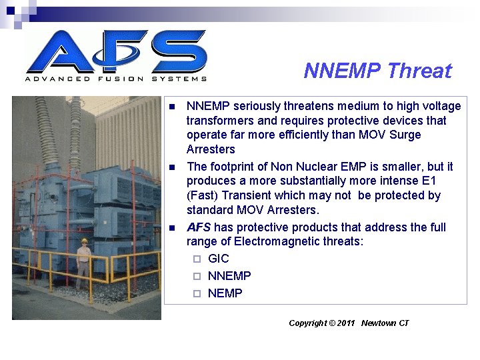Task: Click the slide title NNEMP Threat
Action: (x=377, y=71)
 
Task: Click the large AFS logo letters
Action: (x=117, y=51)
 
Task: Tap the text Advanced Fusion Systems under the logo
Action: (x=116, y=79)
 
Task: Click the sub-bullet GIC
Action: (x=218, y=259)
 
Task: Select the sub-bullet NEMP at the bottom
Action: (x=225, y=293)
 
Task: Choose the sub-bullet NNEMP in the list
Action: (x=229, y=276)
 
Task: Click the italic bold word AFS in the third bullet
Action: (x=199, y=227)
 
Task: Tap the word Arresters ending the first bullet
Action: (x=211, y=149)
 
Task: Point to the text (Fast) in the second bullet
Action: (x=202, y=195)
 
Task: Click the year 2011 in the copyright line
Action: (x=346, y=323)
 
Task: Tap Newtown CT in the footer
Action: (x=385, y=323)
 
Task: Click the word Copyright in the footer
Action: (x=308, y=323)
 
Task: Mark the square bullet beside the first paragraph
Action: (x=172, y=107)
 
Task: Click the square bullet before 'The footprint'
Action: (x=172, y=167)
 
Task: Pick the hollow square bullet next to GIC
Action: (x=197, y=259)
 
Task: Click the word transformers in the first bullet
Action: (x=217, y=121)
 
